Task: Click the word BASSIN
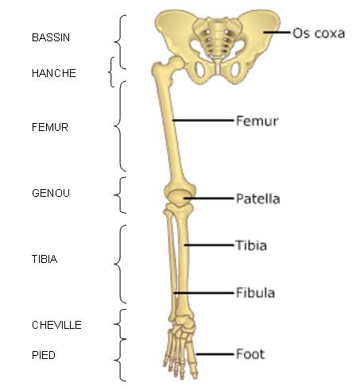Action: coord(51,37)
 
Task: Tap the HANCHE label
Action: coord(54,73)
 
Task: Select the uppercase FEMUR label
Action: coord(50,127)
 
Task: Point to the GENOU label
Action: coord(51,193)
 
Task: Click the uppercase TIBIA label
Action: coord(45,259)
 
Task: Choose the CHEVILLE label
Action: coord(56,325)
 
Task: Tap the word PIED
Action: coord(44,355)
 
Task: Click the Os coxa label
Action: coord(319,33)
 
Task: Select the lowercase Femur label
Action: coord(257,121)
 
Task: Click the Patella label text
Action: coord(257,199)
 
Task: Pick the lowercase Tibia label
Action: coord(251,245)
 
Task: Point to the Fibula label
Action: coord(255,293)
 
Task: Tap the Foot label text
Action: coord(250,354)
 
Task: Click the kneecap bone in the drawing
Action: coord(180,199)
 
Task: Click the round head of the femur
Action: coord(176,64)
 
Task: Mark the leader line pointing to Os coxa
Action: coord(277,33)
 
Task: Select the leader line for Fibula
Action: coord(203,293)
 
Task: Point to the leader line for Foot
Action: coord(215,354)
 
